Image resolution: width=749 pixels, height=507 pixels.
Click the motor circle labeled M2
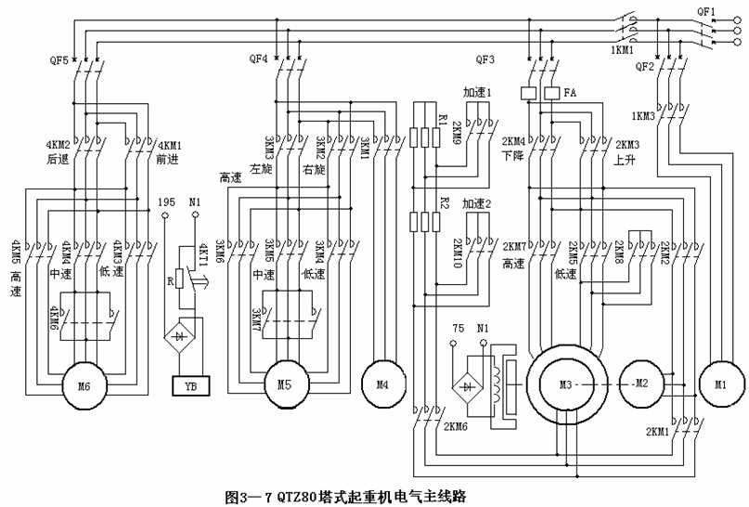pos(641,384)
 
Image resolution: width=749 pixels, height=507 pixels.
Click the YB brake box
pos(191,385)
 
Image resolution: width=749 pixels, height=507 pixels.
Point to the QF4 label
pos(259,58)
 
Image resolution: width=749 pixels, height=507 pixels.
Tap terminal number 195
pos(167,201)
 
